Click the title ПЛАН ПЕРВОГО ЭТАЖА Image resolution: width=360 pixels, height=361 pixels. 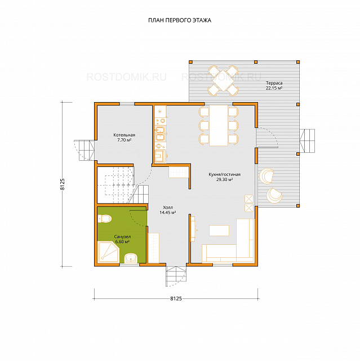(180, 20)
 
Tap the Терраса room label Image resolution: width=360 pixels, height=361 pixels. (274, 83)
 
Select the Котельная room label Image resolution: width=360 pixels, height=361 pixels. (124, 135)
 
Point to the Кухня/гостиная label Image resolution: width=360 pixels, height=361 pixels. (224, 174)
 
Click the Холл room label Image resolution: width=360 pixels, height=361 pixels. (168, 208)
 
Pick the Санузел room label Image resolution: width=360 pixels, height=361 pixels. (122, 237)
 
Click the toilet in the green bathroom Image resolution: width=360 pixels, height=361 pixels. (105, 218)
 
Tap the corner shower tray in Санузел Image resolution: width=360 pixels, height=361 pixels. (108, 252)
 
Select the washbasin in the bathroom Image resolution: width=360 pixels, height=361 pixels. (131, 258)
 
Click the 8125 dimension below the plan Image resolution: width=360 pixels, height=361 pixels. (176, 298)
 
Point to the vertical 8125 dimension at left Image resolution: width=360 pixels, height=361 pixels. (63, 184)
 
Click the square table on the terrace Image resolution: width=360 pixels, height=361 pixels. (223, 81)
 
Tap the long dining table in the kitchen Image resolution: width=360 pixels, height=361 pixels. (219, 125)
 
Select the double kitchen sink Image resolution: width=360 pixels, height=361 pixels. (160, 134)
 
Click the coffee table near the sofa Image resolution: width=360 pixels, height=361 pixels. (219, 231)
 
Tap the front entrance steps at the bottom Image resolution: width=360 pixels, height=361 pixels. (176, 276)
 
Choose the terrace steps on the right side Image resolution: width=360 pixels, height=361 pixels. (307, 140)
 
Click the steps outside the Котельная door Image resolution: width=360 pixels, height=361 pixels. (85, 150)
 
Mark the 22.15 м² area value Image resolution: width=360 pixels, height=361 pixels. (274, 88)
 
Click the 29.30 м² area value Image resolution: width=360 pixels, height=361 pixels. (224, 179)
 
